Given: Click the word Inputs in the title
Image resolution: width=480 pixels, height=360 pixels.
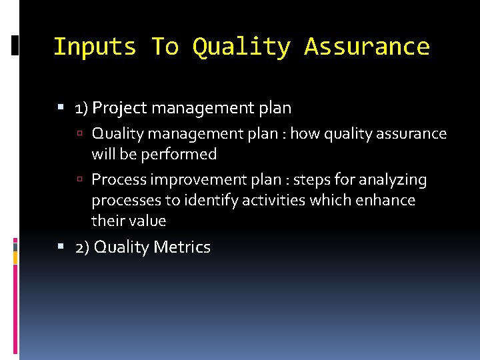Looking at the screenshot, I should [94, 47].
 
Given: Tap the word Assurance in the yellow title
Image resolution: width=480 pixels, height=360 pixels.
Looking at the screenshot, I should [367, 47].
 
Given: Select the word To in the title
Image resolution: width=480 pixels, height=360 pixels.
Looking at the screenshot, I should [164, 47].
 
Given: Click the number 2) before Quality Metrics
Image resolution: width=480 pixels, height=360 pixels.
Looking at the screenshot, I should [83, 247].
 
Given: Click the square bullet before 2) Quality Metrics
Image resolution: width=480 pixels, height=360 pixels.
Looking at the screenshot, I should [61, 248].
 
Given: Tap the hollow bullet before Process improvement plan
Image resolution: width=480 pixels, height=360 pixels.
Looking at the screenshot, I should [79, 181].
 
